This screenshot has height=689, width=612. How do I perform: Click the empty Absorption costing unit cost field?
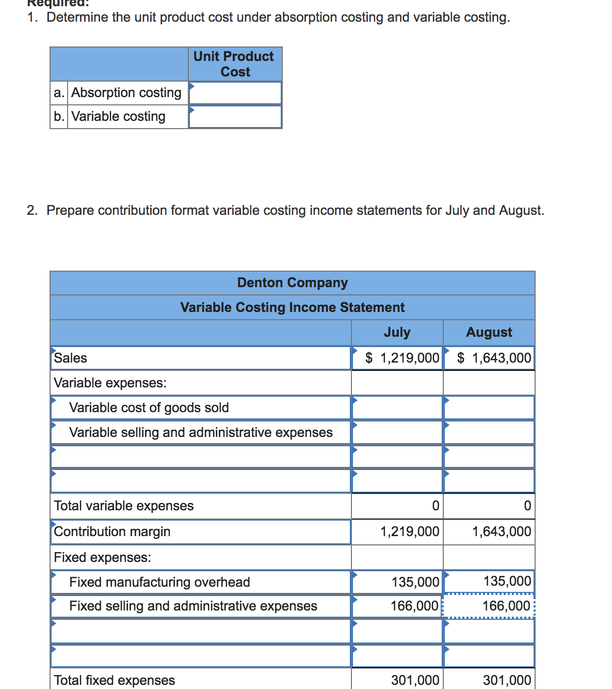pos(235,93)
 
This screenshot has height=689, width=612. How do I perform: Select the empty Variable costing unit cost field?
pos(235,117)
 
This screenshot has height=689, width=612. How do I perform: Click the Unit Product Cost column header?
pos(235,64)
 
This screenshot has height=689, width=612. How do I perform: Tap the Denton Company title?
pos(292,283)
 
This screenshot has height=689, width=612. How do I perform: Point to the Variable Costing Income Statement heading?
pos(292,307)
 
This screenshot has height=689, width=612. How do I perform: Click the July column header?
pos(397,332)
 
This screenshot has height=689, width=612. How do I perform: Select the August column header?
pos(489,332)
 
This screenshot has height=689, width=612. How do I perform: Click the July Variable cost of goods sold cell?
pos(397,408)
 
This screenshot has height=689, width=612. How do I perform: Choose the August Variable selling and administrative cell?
pos(489,432)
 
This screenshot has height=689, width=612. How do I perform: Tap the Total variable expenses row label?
pos(124,506)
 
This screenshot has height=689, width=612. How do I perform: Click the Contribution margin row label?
pos(112,531)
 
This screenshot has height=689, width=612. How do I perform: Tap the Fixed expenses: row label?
pos(103,557)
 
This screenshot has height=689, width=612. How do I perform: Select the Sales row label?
pos(71,358)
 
